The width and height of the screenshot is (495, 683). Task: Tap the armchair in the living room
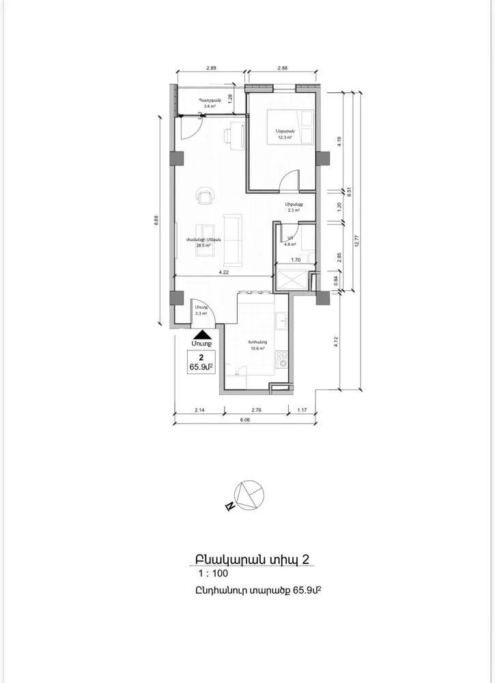[205, 197]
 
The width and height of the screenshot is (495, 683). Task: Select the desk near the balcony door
[236, 133]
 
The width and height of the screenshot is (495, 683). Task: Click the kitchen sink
[280, 320]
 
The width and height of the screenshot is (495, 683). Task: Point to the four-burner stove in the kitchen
[280, 359]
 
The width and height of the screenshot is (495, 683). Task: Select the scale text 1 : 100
[213, 574]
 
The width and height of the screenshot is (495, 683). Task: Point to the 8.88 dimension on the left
[156, 220]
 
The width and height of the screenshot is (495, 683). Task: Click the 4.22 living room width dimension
[223, 272]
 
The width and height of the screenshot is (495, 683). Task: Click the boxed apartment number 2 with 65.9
[201, 363]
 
